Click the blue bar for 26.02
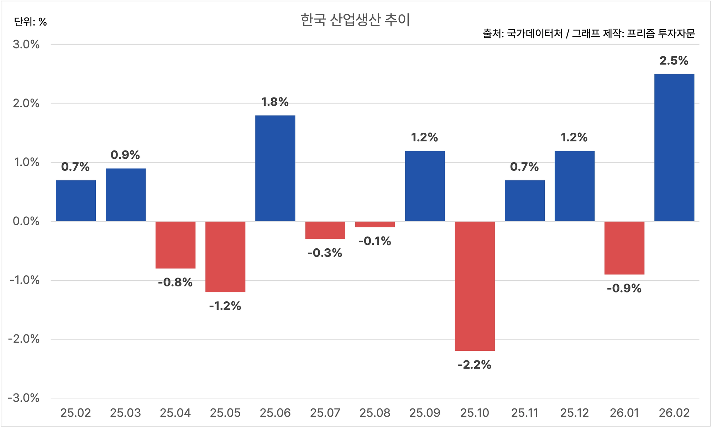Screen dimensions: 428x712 point(674,148)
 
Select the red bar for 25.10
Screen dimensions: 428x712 point(475,286)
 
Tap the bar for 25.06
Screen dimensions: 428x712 point(275,168)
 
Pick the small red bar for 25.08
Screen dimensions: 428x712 point(375,224)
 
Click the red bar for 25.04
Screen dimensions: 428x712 point(176,245)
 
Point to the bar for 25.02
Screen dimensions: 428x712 point(76,201)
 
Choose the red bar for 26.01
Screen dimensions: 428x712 point(624,248)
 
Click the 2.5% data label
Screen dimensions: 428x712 point(674,61)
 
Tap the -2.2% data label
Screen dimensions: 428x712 point(475,365)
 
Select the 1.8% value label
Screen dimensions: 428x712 point(275,102)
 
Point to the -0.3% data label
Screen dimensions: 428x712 point(325,253)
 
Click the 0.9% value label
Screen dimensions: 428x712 point(125,155)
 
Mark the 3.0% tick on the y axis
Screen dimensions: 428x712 point(26,44)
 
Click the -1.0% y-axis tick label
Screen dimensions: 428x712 point(24,280)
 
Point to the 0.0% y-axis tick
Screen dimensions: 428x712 point(26,221)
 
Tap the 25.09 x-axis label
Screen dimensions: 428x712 point(425,413)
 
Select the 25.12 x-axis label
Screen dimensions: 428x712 point(575,413)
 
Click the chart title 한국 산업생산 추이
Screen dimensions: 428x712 point(355,20)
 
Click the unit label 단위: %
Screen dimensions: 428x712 point(30,22)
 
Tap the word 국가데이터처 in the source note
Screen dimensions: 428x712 point(534,34)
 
